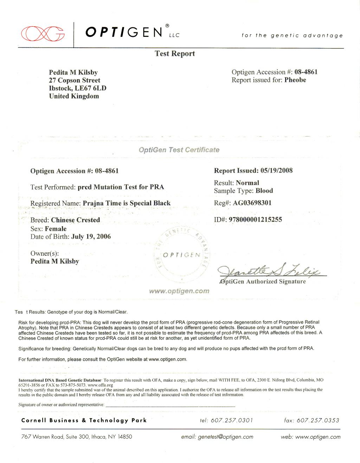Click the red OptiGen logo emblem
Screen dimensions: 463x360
(x=43, y=34)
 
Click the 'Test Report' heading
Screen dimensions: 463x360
(x=175, y=54)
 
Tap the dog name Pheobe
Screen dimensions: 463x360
(x=295, y=80)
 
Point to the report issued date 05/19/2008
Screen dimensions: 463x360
(x=276, y=171)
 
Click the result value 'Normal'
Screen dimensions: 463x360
(x=247, y=183)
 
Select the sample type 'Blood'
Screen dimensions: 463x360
(x=264, y=191)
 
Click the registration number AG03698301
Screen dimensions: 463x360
(x=252, y=203)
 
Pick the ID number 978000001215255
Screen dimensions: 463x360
(x=255, y=220)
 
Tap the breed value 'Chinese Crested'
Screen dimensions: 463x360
(x=75, y=220)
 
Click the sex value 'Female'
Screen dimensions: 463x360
(x=56, y=229)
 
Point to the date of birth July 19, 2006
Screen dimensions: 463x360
(x=91, y=237)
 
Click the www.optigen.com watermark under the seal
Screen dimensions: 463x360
(x=179, y=291)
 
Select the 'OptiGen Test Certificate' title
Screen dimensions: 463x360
(x=179, y=150)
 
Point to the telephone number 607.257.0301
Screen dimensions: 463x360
(x=231, y=420)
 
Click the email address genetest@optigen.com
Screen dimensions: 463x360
(x=225, y=437)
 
